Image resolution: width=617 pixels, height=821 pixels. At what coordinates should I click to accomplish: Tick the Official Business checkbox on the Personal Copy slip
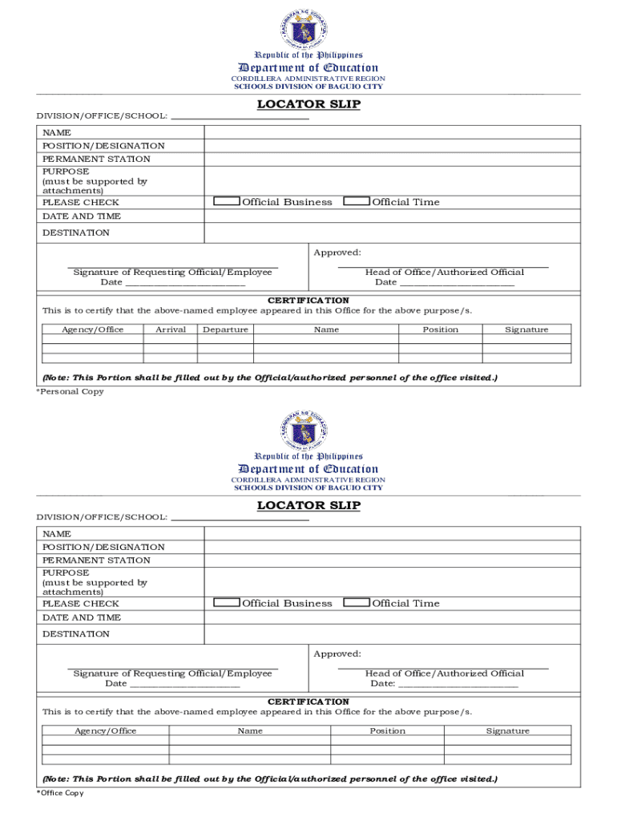[x=227, y=201]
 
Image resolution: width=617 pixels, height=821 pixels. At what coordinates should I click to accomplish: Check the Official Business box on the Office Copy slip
[x=227, y=603]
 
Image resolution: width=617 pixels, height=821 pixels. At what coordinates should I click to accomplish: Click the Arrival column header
[x=171, y=330]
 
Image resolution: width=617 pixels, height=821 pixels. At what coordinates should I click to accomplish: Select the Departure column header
[x=225, y=330]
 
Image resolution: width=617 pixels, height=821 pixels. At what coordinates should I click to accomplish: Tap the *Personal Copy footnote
[x=71, y=391]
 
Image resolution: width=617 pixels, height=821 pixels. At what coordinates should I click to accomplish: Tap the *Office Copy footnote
[x=60, y=793]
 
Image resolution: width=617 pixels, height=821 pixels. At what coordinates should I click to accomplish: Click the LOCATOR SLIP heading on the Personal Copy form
[x=308, y=104]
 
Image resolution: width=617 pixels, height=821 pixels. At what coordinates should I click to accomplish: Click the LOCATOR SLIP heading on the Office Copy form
[x=308, y=505]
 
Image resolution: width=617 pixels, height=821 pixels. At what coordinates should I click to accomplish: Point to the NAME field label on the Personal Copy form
[x=57, y=132]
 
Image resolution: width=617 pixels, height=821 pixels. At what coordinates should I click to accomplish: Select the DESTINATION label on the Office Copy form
[x=76, y=634]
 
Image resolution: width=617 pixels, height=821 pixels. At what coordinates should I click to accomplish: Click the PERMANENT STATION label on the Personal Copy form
[x=96, y=159]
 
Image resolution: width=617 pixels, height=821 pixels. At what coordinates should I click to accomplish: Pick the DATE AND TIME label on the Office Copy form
[x=82, y=617]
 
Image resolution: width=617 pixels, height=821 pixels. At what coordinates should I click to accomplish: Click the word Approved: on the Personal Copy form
[x=337, y=253]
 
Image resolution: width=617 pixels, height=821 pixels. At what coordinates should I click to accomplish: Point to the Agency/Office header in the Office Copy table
[x=105, y=730]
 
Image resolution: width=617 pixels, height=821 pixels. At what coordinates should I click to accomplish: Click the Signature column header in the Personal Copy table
[x=526, y=330]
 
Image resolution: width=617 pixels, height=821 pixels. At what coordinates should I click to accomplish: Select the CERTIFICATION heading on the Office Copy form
[x=308, y=702]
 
